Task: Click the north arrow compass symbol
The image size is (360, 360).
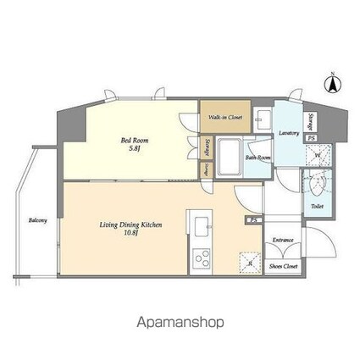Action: tap(333, 84)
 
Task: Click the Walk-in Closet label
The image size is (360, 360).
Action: tap(223, 118)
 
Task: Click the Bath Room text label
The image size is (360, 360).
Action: tap(258, 158)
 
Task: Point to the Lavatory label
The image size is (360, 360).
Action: tap(287, 133)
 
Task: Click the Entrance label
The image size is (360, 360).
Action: tap(283, 240)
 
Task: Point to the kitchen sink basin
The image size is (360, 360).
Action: tap(203, 226)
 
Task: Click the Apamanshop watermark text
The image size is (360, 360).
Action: tap(180, 323)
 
